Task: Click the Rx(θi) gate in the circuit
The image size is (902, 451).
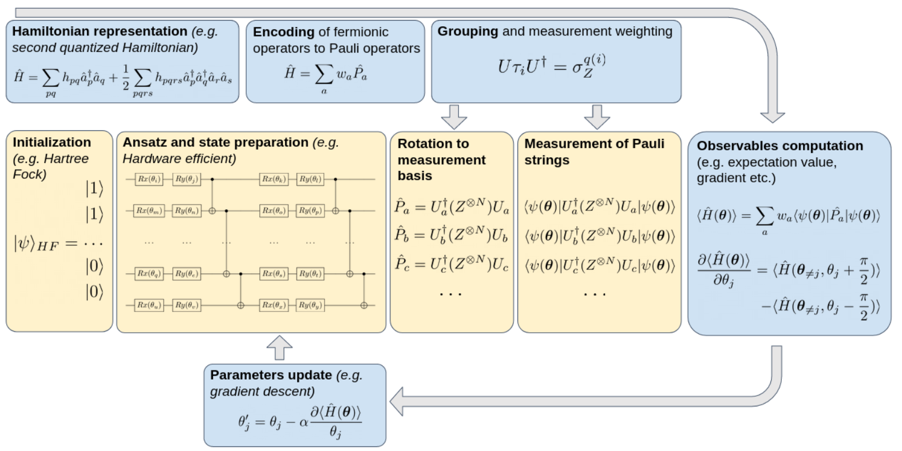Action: pos(149,179)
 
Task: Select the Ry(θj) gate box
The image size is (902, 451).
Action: pos(187,179)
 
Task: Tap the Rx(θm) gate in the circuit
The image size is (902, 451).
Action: pos(149,211)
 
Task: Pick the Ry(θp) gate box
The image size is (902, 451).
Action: pos(310,211)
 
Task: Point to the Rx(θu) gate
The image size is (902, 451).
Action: pos(149,305)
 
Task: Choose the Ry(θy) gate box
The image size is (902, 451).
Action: pos(310,305)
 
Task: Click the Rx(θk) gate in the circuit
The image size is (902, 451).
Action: pos(274,179)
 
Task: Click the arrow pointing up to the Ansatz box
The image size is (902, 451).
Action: pos(279,347)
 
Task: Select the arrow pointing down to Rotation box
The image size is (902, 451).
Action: pos(454,117)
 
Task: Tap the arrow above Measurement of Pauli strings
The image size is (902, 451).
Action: pos(597,117)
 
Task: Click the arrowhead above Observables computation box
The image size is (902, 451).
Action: pos(772,115)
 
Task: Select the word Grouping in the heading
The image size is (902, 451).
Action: pos(468,31)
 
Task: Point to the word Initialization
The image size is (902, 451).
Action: pos(52,142)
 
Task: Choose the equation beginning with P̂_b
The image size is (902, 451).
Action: pos(451,235)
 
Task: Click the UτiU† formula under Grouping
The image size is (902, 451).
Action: pos(551,67)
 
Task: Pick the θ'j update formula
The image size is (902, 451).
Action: pos(299,422)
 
